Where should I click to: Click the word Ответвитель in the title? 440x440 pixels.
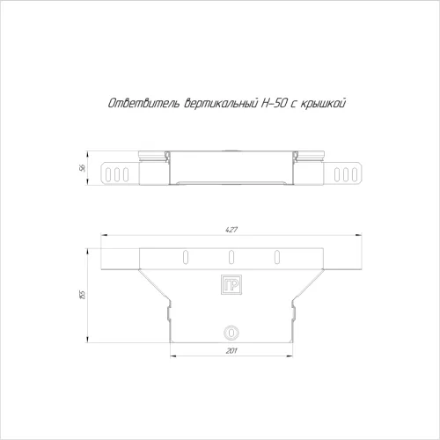143,103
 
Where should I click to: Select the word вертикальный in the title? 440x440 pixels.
221,103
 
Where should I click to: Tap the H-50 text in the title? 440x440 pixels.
274,103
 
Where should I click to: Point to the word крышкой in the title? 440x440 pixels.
323,104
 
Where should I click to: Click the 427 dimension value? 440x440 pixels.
231,230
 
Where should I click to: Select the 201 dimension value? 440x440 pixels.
231,350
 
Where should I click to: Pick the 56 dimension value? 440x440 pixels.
83,168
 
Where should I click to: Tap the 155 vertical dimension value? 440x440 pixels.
83,295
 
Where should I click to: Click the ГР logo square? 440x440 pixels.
231,284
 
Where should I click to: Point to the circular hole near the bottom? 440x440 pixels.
231,333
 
